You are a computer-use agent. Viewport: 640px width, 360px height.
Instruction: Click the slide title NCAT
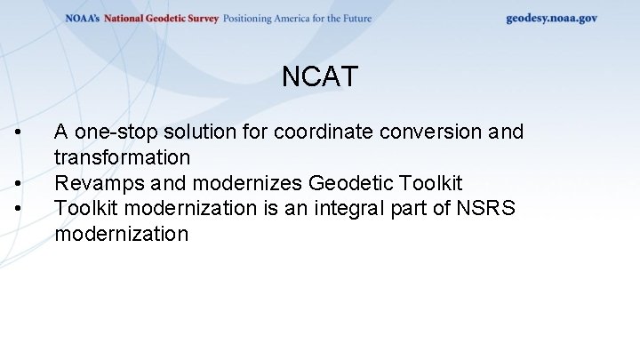320,77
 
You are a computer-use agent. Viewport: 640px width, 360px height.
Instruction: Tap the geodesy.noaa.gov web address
551,18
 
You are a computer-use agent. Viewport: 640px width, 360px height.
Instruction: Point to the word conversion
431,132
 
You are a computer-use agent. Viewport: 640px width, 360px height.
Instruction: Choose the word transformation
122,158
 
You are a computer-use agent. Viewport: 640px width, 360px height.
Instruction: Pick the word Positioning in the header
254,19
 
